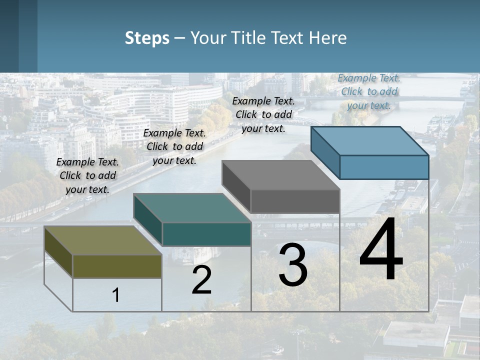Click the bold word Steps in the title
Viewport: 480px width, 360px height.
tap(147, 38)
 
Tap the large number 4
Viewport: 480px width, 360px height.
tap(381, 250)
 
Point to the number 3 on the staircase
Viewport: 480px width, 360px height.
tap(293, 265)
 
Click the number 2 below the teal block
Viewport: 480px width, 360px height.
tap(201, 280)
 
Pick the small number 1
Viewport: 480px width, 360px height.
tap(116, 295)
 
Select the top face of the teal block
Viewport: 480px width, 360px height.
tap(192, 208)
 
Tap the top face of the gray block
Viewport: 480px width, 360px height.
tap(280, 175)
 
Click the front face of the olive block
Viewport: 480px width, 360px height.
tap(117, 266)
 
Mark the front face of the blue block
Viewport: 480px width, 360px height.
tap(384, 167)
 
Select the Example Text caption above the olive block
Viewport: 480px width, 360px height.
tap(87, 175)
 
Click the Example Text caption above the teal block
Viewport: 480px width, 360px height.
tap(174, 146)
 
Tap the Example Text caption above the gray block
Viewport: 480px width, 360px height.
tap(263, 114)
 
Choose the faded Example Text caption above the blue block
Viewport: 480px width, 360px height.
tap(369, 91)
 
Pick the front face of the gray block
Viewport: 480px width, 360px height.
tap(295, 201)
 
